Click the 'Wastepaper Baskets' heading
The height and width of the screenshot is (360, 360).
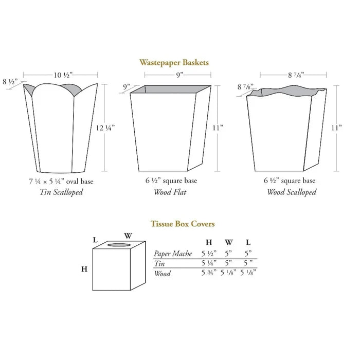pos(174,63)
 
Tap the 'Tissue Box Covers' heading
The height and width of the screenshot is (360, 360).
pos(183,224)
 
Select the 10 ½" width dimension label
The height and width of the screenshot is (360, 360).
pos(63,75)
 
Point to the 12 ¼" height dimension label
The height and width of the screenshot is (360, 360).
pos(105,128)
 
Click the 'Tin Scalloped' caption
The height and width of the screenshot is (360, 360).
pos(61,192)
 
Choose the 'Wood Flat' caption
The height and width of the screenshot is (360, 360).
pos(170,192)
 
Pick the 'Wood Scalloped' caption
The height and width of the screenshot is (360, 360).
pos(292,192)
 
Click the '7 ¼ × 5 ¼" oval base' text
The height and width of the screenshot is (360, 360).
pos(61,182)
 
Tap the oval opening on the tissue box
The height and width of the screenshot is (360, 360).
pos(119,245)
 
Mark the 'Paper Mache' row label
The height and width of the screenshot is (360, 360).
pos(173,254)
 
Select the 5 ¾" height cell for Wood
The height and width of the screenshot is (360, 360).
pos(209,273)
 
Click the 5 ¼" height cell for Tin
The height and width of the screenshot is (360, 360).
pos(209,263)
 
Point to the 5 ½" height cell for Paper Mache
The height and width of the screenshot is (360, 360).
pos(209,254)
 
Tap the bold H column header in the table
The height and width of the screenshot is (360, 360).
pos(209,242)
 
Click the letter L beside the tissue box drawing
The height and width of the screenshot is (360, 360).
pos(95,240)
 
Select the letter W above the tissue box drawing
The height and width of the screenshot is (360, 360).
pos(128,236)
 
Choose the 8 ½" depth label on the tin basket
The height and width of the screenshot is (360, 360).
pos(10,81)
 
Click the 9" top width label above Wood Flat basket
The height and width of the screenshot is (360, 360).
pos(180,75)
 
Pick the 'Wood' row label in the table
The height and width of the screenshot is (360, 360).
pos(163,274)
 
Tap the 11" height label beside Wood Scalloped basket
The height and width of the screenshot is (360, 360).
pos(336,128)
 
